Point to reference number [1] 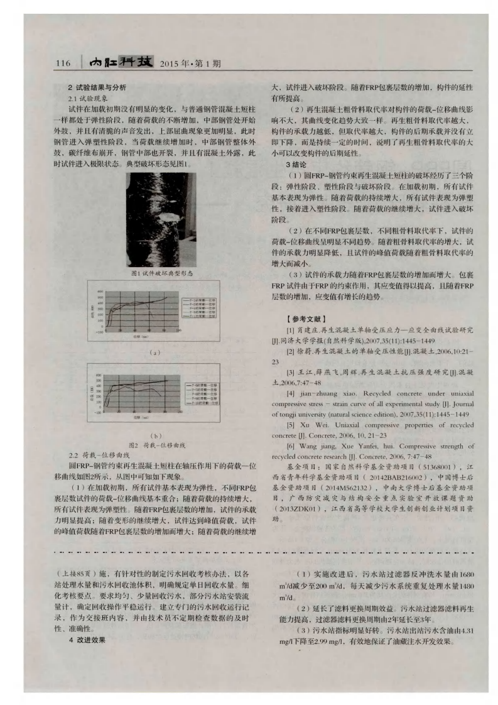pyautogui.click(x=290, y=329)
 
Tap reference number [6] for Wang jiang pyautogui.click(x=290, y=445)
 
